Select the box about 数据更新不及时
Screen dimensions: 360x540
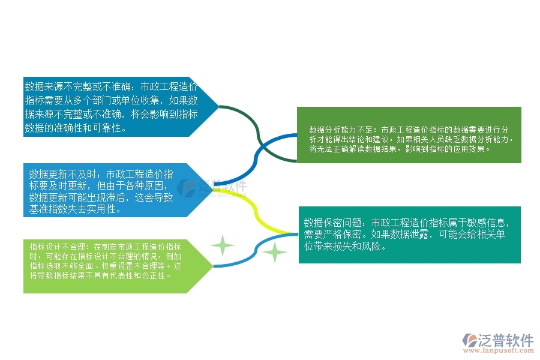[x=105, y=190]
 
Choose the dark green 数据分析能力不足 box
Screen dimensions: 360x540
[x=409, y=135]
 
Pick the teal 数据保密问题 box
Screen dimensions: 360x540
[x=409, y=235]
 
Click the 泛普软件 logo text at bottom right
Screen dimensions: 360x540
[x=505, y=340]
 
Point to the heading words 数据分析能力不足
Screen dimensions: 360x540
[x=341, y=130]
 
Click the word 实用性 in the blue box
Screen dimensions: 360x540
[x=108, y=210]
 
